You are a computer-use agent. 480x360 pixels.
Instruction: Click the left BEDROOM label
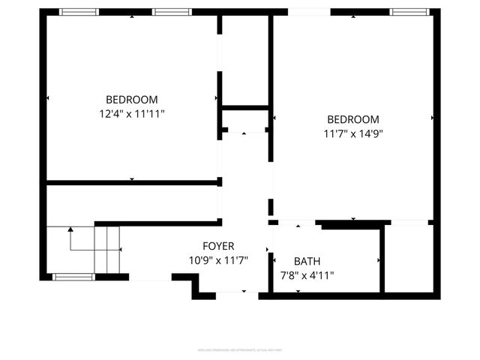click(132, 100)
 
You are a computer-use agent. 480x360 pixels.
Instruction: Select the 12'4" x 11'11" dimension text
click(132, 114)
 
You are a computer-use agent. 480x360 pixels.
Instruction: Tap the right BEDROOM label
click(353, 119)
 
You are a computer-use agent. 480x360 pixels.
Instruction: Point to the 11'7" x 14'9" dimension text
click(353, 133)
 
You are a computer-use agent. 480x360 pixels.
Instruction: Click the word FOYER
click(218, 246)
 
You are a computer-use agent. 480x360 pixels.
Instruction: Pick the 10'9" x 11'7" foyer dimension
click(218, 260)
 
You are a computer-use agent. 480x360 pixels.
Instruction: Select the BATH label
click(306, 262)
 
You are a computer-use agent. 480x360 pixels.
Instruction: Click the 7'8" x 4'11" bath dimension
click(306, 275)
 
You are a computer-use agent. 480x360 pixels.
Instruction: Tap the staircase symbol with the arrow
click(95, 249)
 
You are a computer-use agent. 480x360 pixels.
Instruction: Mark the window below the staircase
click(73, 277)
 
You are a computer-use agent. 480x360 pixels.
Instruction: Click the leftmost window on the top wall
click(79, 12)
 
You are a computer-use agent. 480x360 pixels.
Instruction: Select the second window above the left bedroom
click(172, 12)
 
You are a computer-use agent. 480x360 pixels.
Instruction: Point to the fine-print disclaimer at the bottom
click(239, 350)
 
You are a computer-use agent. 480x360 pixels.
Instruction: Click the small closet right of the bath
click(408, 257)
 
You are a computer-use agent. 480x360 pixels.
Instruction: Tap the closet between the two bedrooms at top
click(244, 60)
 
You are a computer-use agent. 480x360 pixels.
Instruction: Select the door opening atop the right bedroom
click(308, 12)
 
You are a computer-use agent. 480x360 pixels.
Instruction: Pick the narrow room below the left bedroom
click(132, 202)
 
